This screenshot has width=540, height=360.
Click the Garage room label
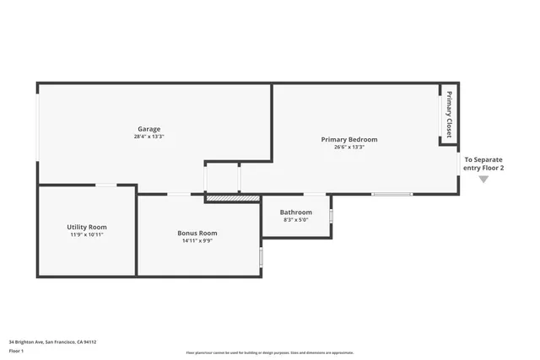coord(148,129)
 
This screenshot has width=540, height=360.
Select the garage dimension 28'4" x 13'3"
coord(148,137)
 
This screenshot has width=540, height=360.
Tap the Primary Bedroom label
coord(348,139)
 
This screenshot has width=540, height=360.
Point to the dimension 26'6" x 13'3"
coord(348,147)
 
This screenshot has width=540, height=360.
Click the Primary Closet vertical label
coord(449,115)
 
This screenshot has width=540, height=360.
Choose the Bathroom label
coord(296,212)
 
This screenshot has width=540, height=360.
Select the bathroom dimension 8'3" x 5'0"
coord(296,220)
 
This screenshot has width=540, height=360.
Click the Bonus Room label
coord(197,233)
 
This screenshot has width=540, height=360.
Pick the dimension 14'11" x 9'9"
coord(197,240)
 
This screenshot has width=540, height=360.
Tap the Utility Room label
coord(87,227)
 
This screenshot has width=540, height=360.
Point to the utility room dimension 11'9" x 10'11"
coord(87,234)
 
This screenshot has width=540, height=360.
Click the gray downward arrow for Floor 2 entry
coord(483,179)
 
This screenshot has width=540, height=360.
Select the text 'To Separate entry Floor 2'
coord(483,164)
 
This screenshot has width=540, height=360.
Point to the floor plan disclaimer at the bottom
coord(269,352)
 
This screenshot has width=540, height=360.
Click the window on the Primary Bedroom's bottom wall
coord(392,195)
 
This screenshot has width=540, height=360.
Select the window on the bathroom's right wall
coord(331,216)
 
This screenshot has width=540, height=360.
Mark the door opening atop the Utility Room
coord(105,185)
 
